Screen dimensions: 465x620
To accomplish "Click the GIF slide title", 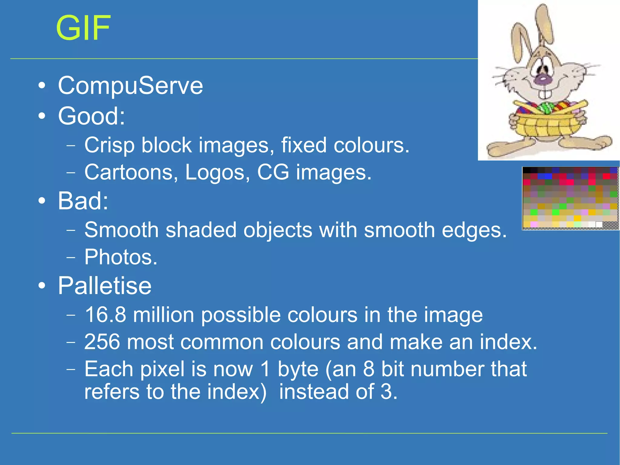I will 83,28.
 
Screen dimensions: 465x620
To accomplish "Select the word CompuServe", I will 130,86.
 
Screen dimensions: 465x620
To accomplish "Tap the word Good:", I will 91,116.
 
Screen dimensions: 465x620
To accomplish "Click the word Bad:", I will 83,201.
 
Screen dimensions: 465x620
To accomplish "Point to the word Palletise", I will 104,286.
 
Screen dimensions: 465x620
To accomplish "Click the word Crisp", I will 109,145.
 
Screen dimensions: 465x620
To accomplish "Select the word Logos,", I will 217,172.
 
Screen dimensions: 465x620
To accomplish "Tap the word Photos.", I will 120,257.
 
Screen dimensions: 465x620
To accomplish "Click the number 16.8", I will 105,315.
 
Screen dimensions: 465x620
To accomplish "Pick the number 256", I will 102,342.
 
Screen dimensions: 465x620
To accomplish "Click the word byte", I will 298,369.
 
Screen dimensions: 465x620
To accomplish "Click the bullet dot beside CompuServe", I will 42,86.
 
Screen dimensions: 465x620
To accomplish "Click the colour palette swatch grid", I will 570,198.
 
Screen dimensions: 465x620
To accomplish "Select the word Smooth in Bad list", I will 121,230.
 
